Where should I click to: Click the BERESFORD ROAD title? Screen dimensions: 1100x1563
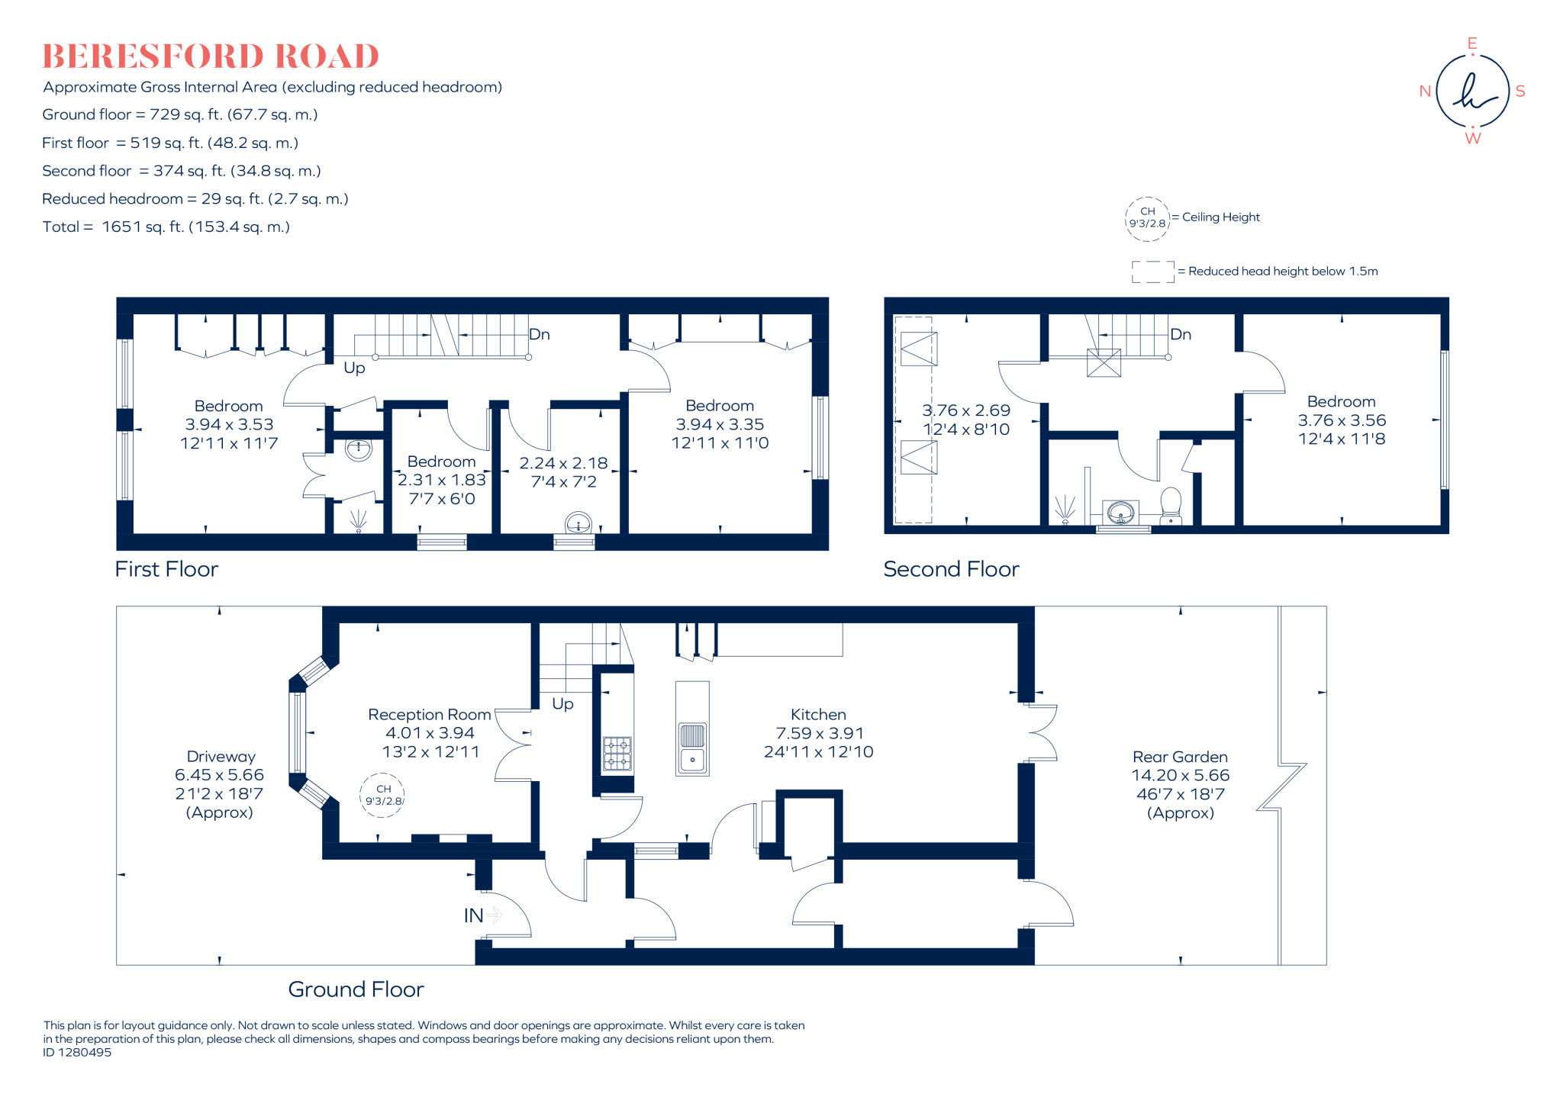(x=211, y=56)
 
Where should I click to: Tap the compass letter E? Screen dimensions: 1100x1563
(x=1472, y=44)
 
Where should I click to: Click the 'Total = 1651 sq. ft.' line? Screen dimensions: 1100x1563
(x=166, y=227)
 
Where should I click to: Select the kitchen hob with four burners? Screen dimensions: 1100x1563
(x=617, y=753)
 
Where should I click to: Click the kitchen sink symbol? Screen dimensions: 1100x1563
(x=692, y=748)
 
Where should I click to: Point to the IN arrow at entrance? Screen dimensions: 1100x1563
(x=494, y=914)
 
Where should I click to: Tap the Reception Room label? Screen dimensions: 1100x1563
(x=429, y=715)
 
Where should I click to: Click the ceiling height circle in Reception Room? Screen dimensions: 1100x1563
(x=383, y=795)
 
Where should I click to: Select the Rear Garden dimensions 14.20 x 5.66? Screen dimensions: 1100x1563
(x=1180, y=775)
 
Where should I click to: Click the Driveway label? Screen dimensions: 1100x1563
(x=221, y=757)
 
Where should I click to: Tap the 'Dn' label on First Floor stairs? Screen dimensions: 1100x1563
(x=539, y=334)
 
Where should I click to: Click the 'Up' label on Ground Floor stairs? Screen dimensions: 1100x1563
(x=562, y=703)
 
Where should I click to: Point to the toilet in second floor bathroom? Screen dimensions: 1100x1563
(x=1170, y=505)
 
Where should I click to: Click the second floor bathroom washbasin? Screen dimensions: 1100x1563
(x=1120, y=512)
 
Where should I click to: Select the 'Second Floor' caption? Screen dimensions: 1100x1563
(x=951, y=569)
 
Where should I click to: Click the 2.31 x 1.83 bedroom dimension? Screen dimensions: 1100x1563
(x=441, y=480)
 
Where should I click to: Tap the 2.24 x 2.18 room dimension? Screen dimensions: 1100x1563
(x=563, y=463)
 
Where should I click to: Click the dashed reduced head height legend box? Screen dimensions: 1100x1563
(x=1152, y=272)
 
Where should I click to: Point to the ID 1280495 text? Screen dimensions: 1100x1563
(x=77, y=1052)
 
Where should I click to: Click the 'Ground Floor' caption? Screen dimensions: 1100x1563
(x=356, y=989)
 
